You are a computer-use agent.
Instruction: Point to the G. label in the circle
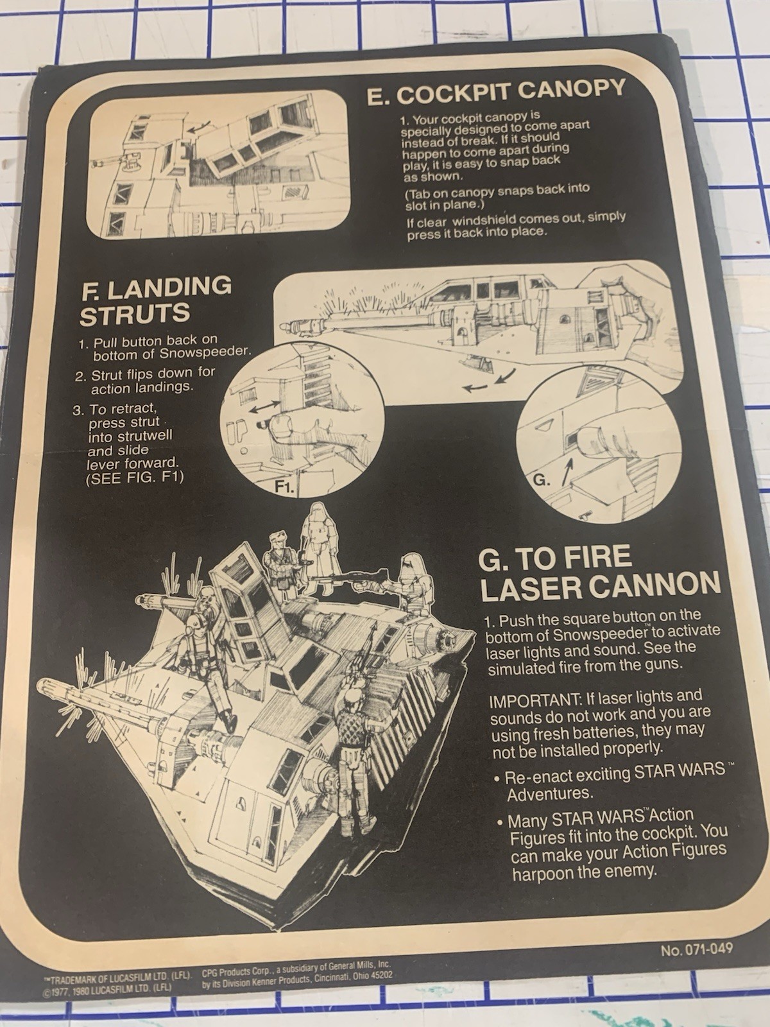pyautogui.click(x=541, y=479)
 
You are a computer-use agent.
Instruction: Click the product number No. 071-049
pyautogui.click(x=696, y=949)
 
